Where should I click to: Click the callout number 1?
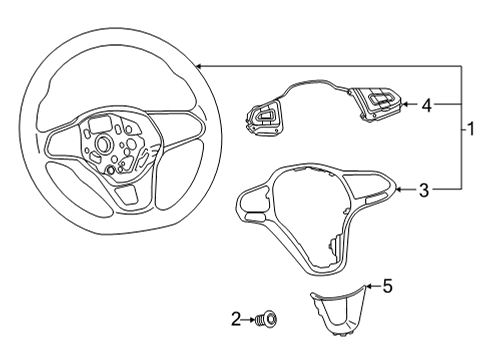coord(471,129)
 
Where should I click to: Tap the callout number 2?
coord(236,319)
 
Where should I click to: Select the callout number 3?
coord(424,190)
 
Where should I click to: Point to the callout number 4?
coord(426,105)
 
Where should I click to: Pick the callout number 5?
coord(388,286)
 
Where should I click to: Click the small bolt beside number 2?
coord(266,319)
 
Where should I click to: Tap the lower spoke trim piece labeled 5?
coord(337,311)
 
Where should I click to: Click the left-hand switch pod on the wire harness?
coord(264,118)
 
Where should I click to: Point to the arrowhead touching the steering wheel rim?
coord(198,66)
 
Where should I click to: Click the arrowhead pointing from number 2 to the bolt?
coord(252,319)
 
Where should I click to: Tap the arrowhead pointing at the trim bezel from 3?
coord(398,190)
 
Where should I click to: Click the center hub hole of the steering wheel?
coord(104,143)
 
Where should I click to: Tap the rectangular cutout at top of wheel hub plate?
coord(100,124)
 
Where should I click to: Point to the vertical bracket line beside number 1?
coord(462,128)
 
